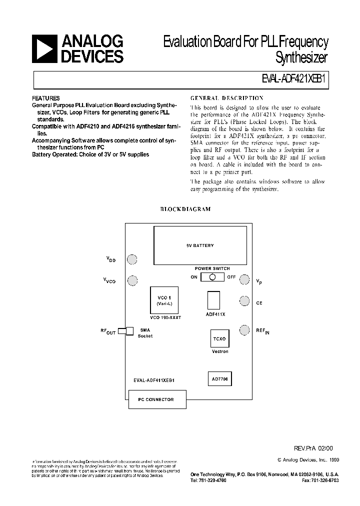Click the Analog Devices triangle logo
[x=44, y=49]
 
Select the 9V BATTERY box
[x=200, y=245]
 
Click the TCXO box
[x=219, y=338]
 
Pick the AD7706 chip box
[x=219, y=379]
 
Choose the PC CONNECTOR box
[x=156, y=399]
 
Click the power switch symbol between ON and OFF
[x=213, y=277]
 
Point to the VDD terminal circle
[x=132, y=259]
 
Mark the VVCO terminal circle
[x=132, y=280]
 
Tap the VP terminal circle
[x=244, y=279]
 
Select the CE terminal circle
[x=244, y=301]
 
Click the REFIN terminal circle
[x=244, y=330]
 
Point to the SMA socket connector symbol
[x=126, y=330]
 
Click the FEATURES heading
[x=46, y=98]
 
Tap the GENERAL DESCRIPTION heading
[x=227, y=98]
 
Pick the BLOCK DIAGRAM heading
[x=185, y=209]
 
